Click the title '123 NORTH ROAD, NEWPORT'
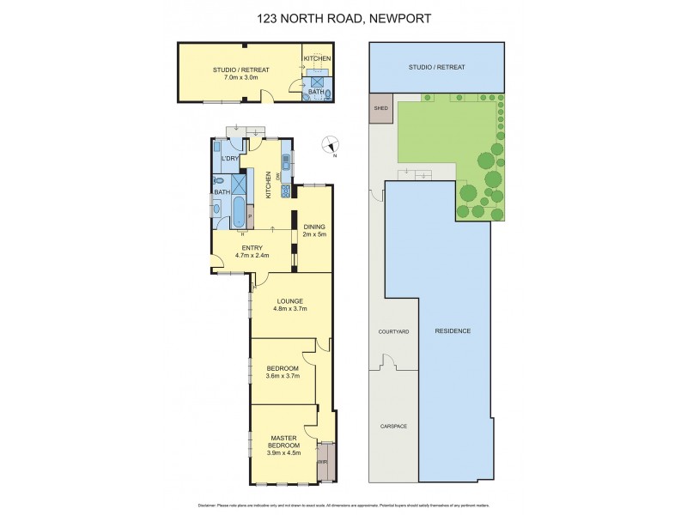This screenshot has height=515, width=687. [343, 17]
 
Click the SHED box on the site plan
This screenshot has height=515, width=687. [380, 108]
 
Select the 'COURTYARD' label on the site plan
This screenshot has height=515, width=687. [393, 330]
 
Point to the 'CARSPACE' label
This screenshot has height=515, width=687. [393, 426]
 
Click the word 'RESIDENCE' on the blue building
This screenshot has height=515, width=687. [453, 330]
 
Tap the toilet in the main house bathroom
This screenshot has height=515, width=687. [220, 181]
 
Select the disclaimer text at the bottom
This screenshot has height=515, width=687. [343, 504]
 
